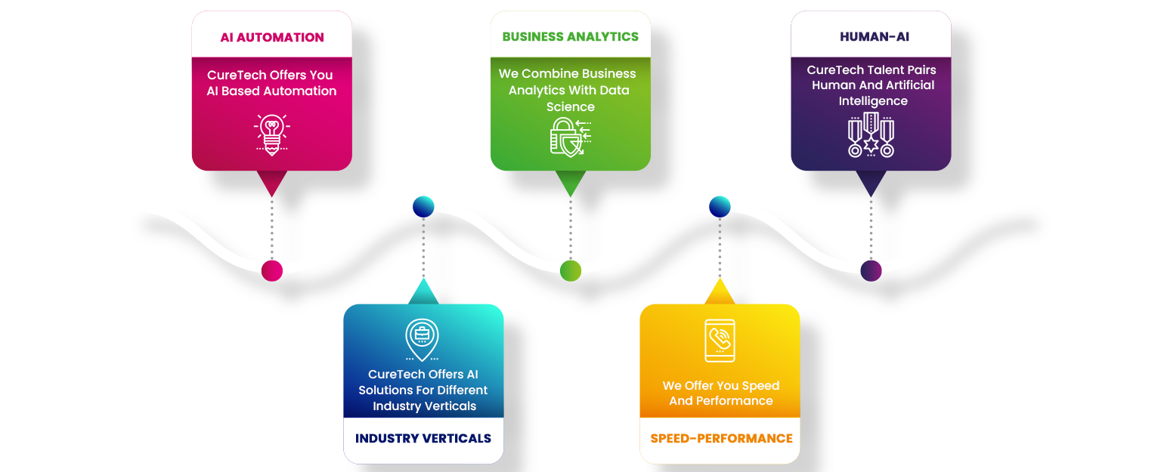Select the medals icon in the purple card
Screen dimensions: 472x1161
click(x=871, y=135)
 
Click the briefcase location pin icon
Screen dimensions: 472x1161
click(x=422, y=339)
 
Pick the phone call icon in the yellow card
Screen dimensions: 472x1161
click(x=720, y=341)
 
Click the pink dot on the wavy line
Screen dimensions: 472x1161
click(x=272, y=270)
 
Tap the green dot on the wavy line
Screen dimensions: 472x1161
click(x=571, y=270)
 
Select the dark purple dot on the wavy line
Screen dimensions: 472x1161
click(x=871, y=270)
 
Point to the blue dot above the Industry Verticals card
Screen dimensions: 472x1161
click(x=423, y=206)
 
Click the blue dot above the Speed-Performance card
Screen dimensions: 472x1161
click(x=720, y=206)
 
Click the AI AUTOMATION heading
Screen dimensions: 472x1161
click(x=272, y=37)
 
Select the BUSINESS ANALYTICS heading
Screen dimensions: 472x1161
click(x=571, y=36)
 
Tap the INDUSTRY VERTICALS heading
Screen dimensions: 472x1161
click(x=423, y=439)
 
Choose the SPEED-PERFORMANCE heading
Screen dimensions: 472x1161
click(x=721, y=439)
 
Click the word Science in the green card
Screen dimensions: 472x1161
click(x=571, y=106)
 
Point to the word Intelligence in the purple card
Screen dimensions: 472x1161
click(x=873, y=100)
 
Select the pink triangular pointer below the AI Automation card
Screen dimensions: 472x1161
click(x=271, y=182)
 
